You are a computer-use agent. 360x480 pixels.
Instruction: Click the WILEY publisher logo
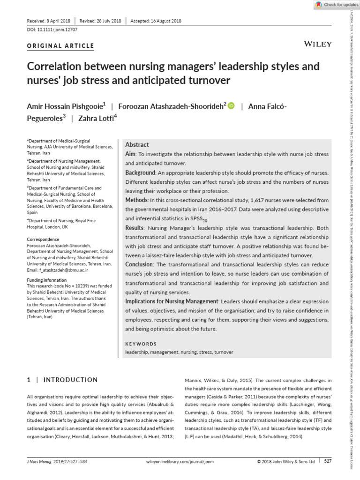coord(318,44)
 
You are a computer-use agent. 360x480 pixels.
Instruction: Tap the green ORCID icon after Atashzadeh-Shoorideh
coord(231,106)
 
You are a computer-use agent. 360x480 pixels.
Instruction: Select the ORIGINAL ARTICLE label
coord(60,46)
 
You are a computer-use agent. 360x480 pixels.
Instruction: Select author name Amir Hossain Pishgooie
coord(68,106)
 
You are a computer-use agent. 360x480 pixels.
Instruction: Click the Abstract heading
coord(137,145)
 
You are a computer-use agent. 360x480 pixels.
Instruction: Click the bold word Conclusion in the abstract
coord(140,264)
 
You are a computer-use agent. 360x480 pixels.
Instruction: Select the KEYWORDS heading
coord(141,344)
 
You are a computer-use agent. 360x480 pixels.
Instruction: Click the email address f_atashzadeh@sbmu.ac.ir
coord(58,270)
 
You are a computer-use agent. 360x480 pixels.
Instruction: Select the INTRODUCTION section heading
coord(71,380)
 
